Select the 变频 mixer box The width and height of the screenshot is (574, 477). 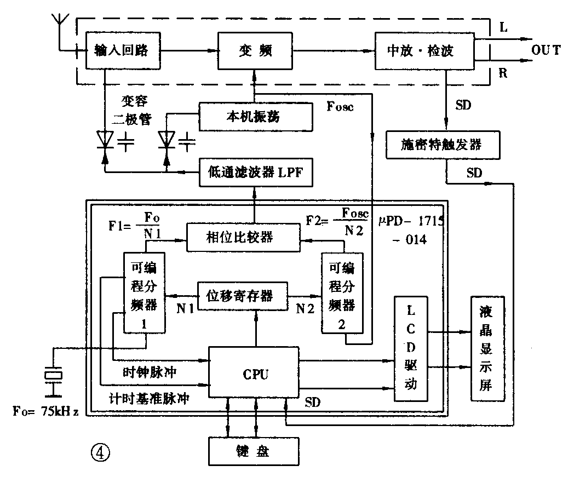point(255,51)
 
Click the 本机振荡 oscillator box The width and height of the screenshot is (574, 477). point(255,117)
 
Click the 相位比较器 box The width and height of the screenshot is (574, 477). point(244,237)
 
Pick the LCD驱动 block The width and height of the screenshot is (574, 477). point(411,350)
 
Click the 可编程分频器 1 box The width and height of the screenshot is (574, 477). point(144,293)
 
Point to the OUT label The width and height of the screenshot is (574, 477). point(546,50)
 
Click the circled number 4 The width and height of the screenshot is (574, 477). point(101,452)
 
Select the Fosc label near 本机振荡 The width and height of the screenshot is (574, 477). point(340,106)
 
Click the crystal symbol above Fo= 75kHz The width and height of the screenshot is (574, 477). point(53,375)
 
